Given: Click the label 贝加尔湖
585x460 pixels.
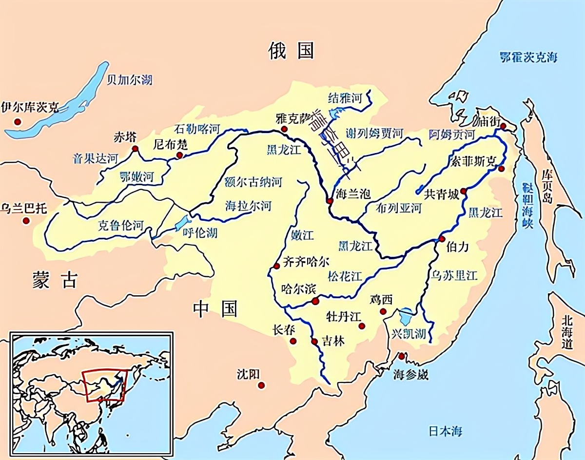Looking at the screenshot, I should point(129,79).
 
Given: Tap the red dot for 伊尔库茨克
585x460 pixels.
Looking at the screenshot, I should point(18,121).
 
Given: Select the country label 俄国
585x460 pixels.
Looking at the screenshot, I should point(292,50).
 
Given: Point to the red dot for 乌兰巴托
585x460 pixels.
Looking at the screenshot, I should point(26,221).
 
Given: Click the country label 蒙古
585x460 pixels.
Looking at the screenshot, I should point(55,280).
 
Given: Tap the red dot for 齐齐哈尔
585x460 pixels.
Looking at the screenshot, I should point(277,266).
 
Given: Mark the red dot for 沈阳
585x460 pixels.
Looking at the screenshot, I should point(262,385).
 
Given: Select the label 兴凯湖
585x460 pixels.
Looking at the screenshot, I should point(409,334).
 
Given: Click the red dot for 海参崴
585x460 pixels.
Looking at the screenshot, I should point(401,356).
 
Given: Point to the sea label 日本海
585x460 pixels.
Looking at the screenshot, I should point(446,431).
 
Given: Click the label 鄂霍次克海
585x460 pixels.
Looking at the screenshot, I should point(528,57).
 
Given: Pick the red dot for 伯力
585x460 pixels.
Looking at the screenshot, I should point(442,239).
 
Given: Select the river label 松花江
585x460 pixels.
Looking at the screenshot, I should point(345,276).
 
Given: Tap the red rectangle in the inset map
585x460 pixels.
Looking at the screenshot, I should point(104,385).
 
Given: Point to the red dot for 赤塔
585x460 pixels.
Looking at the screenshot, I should point(135,149).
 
